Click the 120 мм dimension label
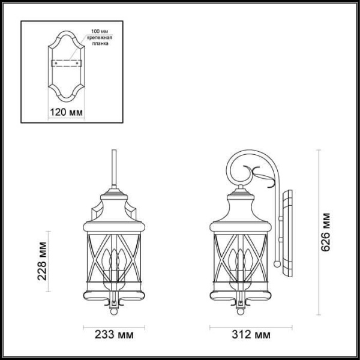point(66,112)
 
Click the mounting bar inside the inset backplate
point(66,62)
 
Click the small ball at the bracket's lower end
point(275,262)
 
